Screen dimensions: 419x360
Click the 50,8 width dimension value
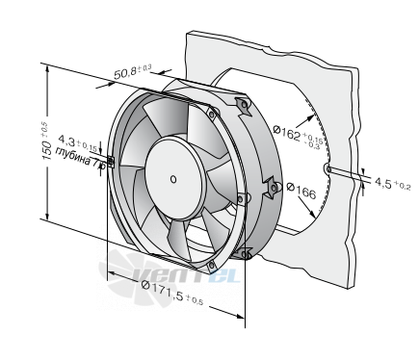tap(125, 73)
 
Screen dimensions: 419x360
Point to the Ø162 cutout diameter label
tap(287, 133)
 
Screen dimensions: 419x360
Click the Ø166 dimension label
tap(301, 191)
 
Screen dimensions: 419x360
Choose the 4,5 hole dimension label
tap(383, 183)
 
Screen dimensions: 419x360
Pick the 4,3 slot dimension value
tap(66, 140)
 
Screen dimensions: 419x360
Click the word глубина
tap(73, 157)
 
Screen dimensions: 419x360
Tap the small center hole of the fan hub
tap(173, 179)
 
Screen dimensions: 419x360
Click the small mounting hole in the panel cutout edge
tap(327, 168)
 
